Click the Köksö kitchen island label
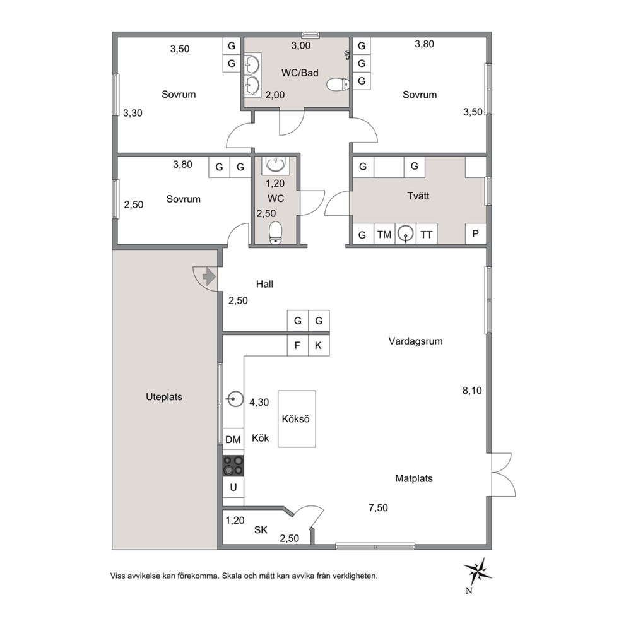(x=295, y=419)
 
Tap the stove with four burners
(x=233, y=466)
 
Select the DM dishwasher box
(x=233, y=440)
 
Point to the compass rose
(x=478, y=571)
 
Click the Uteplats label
(x=164, y=397)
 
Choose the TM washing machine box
(x=384, y=234)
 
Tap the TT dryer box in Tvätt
(x=427, y=234)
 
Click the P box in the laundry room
(x=475, y=233)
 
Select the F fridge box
(x=297, y=345)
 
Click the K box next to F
(x=319, y=345)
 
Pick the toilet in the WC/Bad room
(x=338, y=84)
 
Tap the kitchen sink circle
(x=235, y=399)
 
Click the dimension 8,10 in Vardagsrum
(x=472, y=391)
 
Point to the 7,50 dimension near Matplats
(x=378, y=507)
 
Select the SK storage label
(x=261, y=530)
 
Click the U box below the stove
(x=233, y=487)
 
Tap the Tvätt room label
(x=418, y=196)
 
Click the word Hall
(x=264, y=284)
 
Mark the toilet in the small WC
(x=276, y=232)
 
